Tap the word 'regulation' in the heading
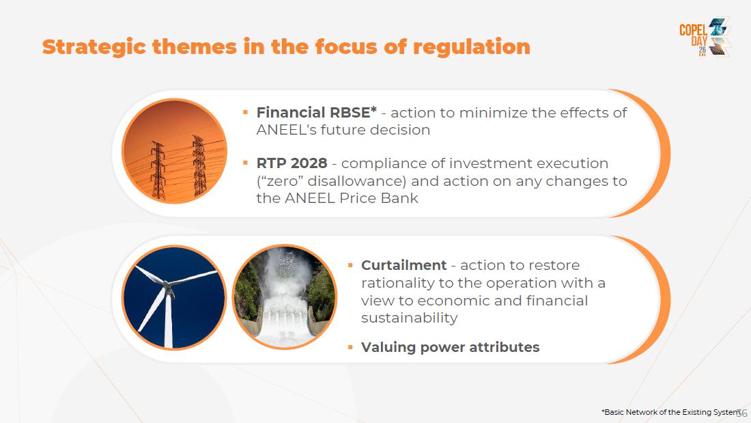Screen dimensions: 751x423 coord(471,47)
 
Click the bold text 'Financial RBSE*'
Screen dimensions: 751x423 coord(317,112)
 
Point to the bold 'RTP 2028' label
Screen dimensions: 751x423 coord(292,163)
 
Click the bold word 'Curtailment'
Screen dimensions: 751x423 coord(403,265)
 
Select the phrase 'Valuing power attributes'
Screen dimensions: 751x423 coord(450,347)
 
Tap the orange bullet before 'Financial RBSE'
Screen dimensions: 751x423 coord(245,113)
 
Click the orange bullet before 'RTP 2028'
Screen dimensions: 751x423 coord(245,163)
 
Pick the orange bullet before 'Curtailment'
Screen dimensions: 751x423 coord(351,265)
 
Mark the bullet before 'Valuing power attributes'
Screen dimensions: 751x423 coord(351,346)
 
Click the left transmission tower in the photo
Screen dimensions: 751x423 coord(158,170)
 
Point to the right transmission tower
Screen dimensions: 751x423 coord(199,165)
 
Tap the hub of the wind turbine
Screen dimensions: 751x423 coord(168,286)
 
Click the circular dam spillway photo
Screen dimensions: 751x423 coord(285,297)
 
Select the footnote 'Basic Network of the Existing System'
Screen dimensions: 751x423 coord(670,412)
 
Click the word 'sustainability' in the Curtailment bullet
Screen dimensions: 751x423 coord(410,318)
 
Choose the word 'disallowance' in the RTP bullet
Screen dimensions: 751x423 coord(356,181)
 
